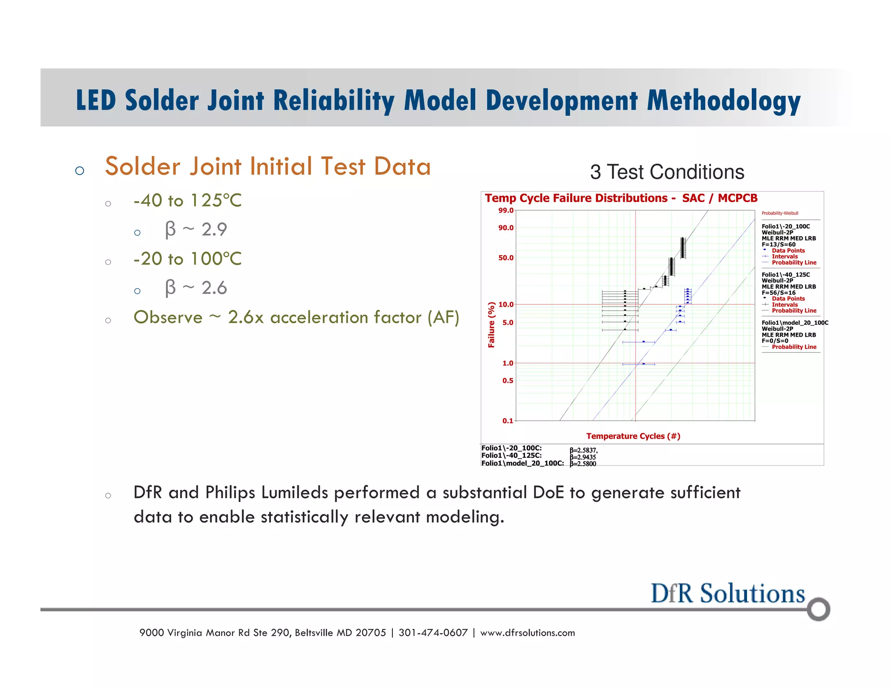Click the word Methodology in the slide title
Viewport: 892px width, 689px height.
(723, 101)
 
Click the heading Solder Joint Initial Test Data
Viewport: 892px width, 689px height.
(268, 166)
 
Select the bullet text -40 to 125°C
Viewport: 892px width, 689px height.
(187, 200)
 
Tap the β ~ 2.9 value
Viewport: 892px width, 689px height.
(196, 230)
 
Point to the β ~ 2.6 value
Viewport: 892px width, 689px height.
(196, 288)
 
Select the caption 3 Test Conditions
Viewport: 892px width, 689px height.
(667, 172)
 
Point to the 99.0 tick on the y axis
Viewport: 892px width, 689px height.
(506, 211)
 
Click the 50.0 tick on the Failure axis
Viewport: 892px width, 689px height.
(506, 258)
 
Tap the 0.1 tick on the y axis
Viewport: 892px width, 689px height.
(507, 421)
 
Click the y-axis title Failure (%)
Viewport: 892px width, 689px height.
(491, 325)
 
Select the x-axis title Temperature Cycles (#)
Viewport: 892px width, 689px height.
(633, 436)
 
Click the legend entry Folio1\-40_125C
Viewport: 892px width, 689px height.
(785, 275)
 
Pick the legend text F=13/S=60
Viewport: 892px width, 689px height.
(778, 245)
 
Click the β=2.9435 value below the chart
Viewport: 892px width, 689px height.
(583, 457)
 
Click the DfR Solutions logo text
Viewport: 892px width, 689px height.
(727, 594)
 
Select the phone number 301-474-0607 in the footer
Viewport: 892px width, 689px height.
(433, 633)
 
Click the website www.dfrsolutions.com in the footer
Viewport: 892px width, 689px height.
(527, 633)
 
